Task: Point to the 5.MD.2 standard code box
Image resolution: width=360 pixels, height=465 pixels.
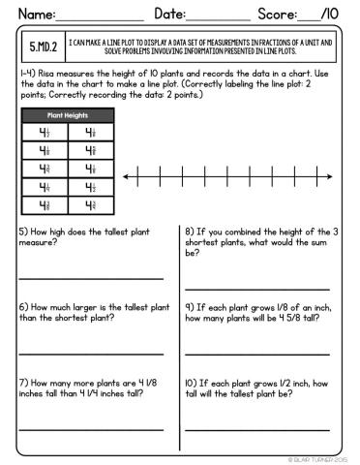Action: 44,46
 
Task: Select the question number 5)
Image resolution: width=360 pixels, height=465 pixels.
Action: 23,232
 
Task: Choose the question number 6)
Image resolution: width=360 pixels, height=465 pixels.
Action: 23,307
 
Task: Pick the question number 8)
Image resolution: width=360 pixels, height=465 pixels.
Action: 191,232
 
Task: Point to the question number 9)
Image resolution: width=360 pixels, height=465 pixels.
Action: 191,307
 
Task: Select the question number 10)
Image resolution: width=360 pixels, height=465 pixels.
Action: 193,382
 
